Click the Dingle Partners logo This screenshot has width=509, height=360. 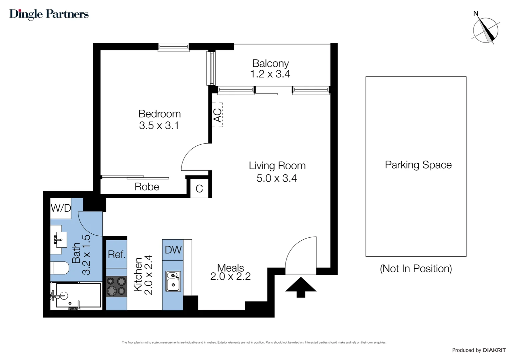pyautogui.click(x=49, y=14)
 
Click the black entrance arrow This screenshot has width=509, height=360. pyautogui.click(x=301, y=287)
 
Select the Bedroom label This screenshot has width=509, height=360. pyautogui.click(x=160, y=114)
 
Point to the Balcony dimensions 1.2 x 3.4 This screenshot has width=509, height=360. pyautogui.click(x=270, y=74)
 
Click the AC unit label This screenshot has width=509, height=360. pyautogui.click(x=217, y=115)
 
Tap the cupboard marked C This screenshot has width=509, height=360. pyautogui.click(x=199, y=189)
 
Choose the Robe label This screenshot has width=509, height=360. pyautogui.click(x=147, y=187)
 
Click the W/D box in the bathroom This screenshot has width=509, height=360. pyautogui.click(x=61, y=208)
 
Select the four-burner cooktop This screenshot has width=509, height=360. pyautogui.click(x=116, y=286)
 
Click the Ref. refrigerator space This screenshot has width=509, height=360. pyautogui.click(x=117, y=255)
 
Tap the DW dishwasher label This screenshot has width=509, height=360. pyautogui.click(x=173, y=250)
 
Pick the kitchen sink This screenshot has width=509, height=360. pyautogui.click(x=173, y=281)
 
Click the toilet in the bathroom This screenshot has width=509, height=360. pyautogui.click(x=60, y=268)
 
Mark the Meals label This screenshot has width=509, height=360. pyautogui.click(x=231, y=268)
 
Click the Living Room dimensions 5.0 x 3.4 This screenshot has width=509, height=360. pyautogui.click(x=276, y=178)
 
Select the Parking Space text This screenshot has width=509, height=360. pyautogui.click(x=418, y=165)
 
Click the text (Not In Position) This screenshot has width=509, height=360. pyautogui.click(x=416, y=269)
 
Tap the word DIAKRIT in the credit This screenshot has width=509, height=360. pyautogui.click(x=494, y=350)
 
